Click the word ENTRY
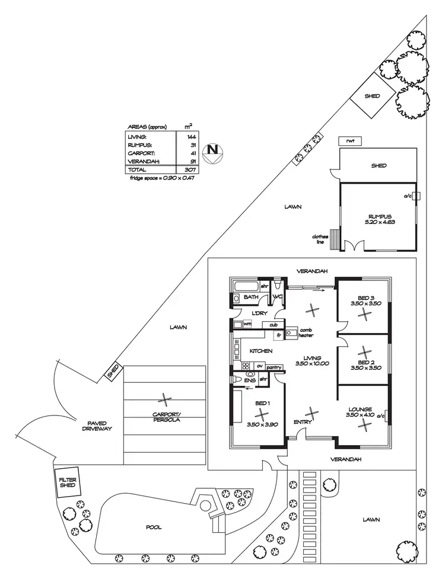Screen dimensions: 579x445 [x=303, y=422]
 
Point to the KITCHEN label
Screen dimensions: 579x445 [x=260, y=351]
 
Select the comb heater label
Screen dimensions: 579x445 [x=306, y=333]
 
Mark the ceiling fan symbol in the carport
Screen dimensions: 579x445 [x=165, y=400]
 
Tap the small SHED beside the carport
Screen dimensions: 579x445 [x=112, y=372]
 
